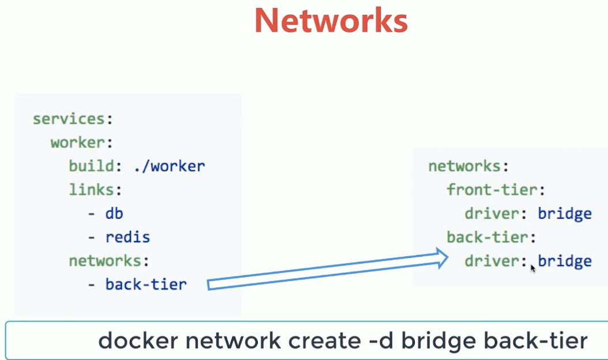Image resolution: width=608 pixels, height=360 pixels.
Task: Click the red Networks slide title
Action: pyautogui.click(x=331, y=21)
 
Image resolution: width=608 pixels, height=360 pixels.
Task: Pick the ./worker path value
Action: pyautogui.click(x=169, y=167)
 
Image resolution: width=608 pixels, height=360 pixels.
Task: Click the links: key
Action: pyautogui.click(x=95, y=190)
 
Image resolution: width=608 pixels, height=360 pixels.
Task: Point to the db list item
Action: pyautogui.click(x=114, y=213)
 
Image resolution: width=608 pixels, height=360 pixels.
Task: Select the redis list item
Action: pyautogui.click(x=127, y=237)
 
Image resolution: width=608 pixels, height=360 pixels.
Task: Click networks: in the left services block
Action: pyautogui.click(x=109, y=261)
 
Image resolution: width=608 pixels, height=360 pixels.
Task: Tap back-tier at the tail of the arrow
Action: pyautogui.click(x=146, y=284)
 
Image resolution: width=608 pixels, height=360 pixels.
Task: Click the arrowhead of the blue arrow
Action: pyautogui.click(x=442, y=258)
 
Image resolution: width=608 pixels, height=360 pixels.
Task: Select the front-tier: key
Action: pyautogui.click(x=496, y=190)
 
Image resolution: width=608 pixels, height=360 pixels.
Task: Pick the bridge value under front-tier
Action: pyautogui.click(x=564, y=214)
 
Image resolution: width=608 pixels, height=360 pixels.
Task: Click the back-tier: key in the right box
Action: pyautogui.click(x=491, y=237)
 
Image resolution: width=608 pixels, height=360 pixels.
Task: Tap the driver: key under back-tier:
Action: pyautogui.click(x=496, y=261)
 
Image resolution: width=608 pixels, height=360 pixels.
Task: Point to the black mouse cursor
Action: pyautogui.click(x=533, y=268)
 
